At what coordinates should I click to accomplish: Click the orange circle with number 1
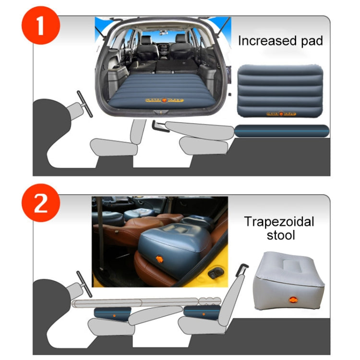(x=40, y=26)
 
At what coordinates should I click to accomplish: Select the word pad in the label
(x=312, y=41)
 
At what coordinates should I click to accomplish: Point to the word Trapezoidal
(x=279, y=222)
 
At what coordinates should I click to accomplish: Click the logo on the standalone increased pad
(x=280, y=114)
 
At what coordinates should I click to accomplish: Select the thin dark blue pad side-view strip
(x=282, y=131)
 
